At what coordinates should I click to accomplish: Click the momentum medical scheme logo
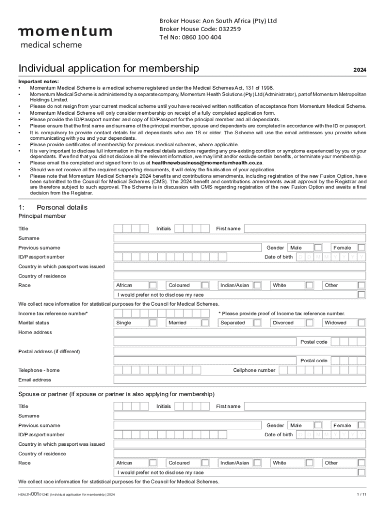pyautogui.click(x=65, y=37)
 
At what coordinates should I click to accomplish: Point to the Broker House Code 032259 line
pyautogui.click(x=200, y=29)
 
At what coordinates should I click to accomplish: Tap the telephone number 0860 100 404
pyautogui.click(x=190, y=37)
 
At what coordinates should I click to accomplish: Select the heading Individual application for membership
pyautogui.click(x=108, y=68)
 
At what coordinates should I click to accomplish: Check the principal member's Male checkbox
pyautogui.click(x=318, y=247)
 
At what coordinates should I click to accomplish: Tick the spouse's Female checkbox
pyautogui.click(x=361, y=425)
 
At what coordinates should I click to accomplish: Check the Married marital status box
pyautogui.click(x=204, y=323)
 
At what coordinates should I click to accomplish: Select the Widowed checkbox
pyautogui.click(x=361, y=323)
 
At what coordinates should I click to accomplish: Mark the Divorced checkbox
pyautogui.click(x=309, y=323)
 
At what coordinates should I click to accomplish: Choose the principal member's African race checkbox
pyautogui.click(x=153, y=285)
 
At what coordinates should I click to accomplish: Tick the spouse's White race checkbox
pyautogui.click(x=309, y=463)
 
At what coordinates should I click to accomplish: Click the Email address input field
pyautogui.click(x=239, y=380)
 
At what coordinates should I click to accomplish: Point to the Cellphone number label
pyautogui.click(x=254, y=370)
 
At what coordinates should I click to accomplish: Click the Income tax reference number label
pyautogui.click(x=53, y=314)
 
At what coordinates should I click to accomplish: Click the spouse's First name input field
pyautogui.click(x=304, y=406)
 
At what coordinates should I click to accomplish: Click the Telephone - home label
pyautogui.click(x=39, y=370)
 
